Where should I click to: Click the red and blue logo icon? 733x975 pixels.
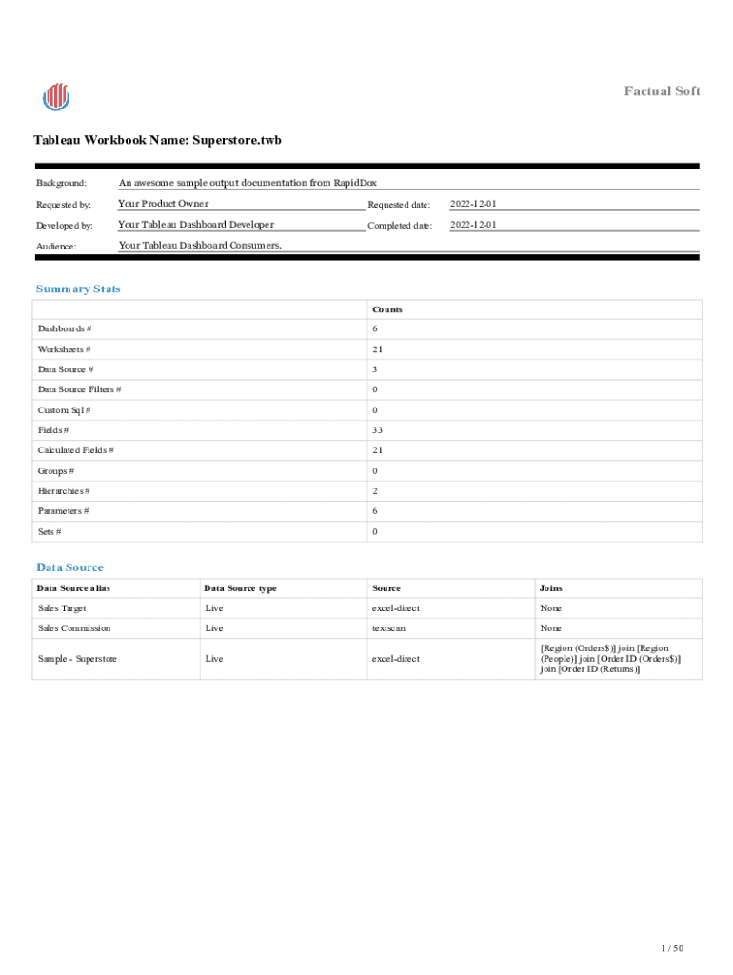pos(56,96)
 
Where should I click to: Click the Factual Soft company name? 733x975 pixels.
pos(662,90)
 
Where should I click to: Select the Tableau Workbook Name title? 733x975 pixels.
pos(157,140)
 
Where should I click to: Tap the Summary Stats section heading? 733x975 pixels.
pos(78,289)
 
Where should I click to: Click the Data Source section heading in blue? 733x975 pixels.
pos(69,567)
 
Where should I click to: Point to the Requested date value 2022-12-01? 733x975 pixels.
pos(473,204)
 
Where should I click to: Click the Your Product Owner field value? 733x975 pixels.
pos(163,204)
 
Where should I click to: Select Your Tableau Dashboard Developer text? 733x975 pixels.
pos(196,225)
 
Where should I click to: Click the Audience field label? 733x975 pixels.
pos(56,246)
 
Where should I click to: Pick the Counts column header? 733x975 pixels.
pos(387,309)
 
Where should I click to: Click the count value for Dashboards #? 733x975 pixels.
pos(375,329)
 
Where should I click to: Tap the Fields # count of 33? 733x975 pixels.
pos(378,430)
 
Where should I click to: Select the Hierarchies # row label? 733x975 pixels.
pos(64,491)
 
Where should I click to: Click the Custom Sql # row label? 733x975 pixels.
pos(65,410)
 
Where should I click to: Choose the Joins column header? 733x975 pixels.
pos(550,588)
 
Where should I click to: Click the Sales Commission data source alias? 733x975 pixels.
pos(74,628)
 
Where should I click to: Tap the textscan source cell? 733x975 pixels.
pos(390,628)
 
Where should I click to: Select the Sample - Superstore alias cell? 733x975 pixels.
pos(77,659)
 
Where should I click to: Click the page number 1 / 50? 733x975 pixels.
pos(672,948)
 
